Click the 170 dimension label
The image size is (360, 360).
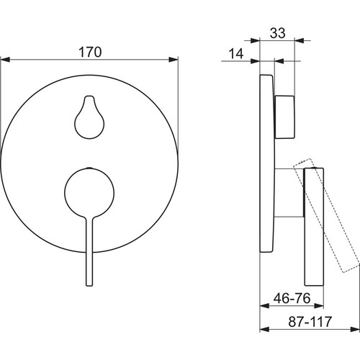tap(90, 52)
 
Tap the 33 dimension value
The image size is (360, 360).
tap(278, 33)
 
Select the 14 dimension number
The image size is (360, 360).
tap(236, 54)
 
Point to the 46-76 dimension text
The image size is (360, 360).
tap(292, 298)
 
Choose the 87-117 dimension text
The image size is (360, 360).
tap(310, 322)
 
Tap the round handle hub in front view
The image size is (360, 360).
tap(89, 192)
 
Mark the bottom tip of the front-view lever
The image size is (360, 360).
tap(89, 286)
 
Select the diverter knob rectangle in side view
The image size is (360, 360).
tap(284, 117)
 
